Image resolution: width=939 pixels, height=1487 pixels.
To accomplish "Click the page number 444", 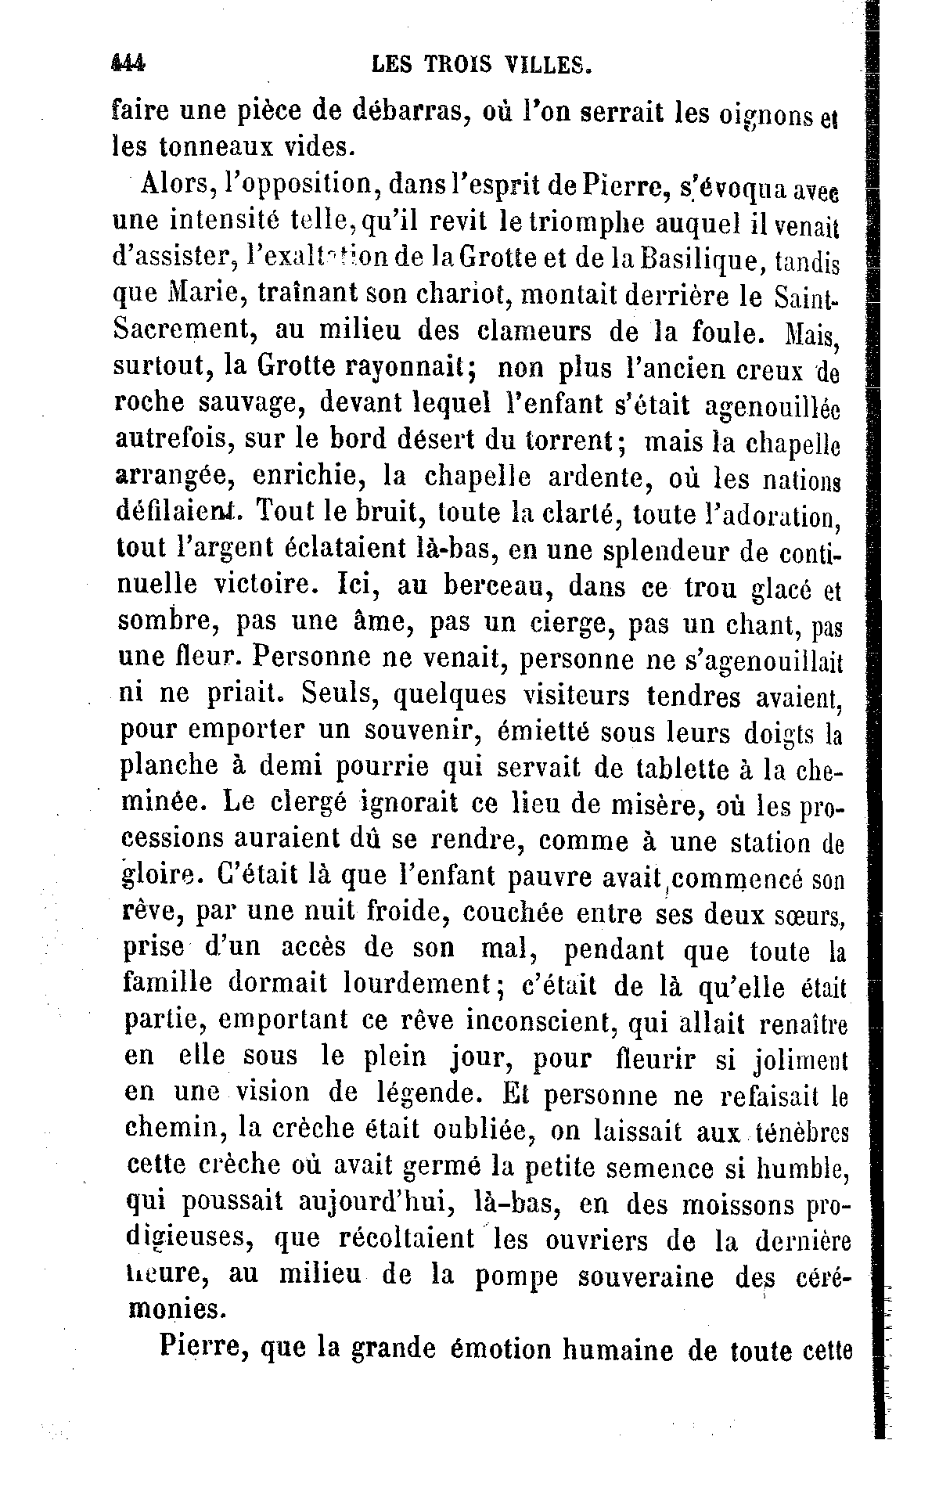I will point(129,63).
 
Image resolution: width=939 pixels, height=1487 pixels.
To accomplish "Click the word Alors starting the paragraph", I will point(175,185).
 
